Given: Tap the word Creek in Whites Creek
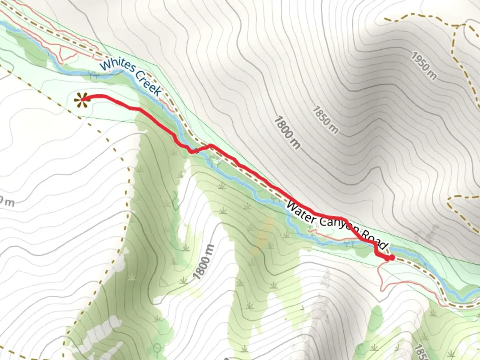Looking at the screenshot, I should pyautogui.click(x=149, y=85).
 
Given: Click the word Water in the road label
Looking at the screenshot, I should pyautogui.click(x=300, y=213).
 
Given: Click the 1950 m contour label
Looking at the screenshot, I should pyautogui.click(x=423, y=66).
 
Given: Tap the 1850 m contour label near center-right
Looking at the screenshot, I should pyautogui.click(x=325, y=120).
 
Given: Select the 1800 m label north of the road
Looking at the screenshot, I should pyautogui.click(x=287, y=132).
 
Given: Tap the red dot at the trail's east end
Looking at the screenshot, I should pyautogui.click(x=392, y=257).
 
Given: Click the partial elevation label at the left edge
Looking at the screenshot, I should pyautogui.click(x=7, y=201).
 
